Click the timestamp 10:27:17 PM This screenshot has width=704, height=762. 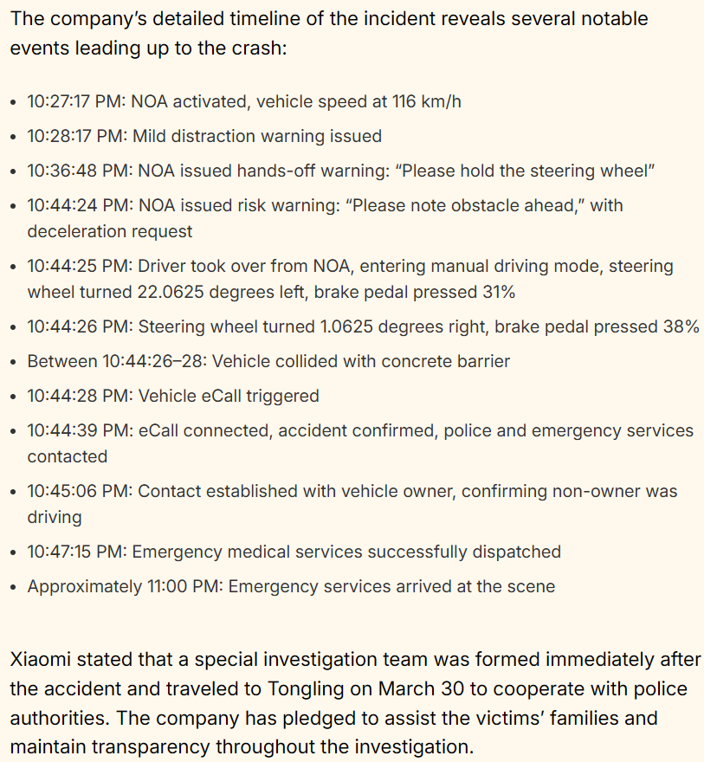coord(76,101)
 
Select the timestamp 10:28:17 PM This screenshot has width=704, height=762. coord(76,136)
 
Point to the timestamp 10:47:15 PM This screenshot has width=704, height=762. coord(76,552)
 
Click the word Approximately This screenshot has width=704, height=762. coord(82,586)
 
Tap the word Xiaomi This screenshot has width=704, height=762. coord(38,660)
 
